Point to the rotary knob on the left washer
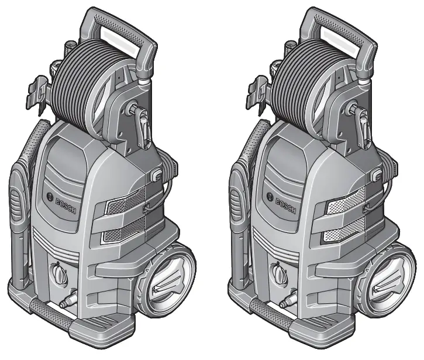58,273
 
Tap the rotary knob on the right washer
277,273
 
